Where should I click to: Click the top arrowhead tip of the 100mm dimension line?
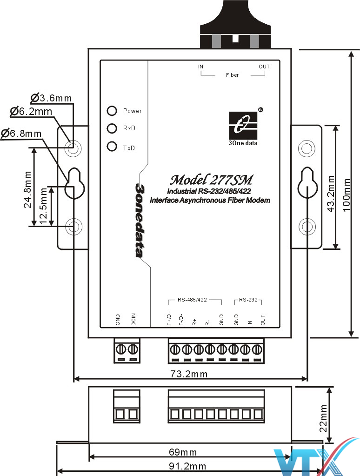pos(351,51)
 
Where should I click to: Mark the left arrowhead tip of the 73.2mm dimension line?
pos(74,379)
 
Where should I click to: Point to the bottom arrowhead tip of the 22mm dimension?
pos(329,442)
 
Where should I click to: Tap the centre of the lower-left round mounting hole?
pos(73,226)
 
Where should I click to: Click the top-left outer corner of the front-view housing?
pos(88,48)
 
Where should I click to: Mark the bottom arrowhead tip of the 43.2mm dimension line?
pos(335,249)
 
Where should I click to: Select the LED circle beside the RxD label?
pos(112,128)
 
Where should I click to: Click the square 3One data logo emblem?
pos(243,125)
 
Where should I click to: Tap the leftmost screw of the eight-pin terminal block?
pos(174,349)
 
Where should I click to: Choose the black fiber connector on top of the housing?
pos(235,24)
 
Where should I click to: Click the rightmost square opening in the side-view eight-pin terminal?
pos(258,414)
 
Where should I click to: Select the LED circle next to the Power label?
pos(112,111)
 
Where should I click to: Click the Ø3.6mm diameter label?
pos(51,98)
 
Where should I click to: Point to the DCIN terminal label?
pos(133,319)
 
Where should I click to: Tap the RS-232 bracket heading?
pos(248,300)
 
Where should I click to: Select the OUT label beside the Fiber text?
pos(264,67)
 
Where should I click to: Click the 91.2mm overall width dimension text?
pos(187,466)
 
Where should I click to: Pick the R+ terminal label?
pos(194,322)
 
